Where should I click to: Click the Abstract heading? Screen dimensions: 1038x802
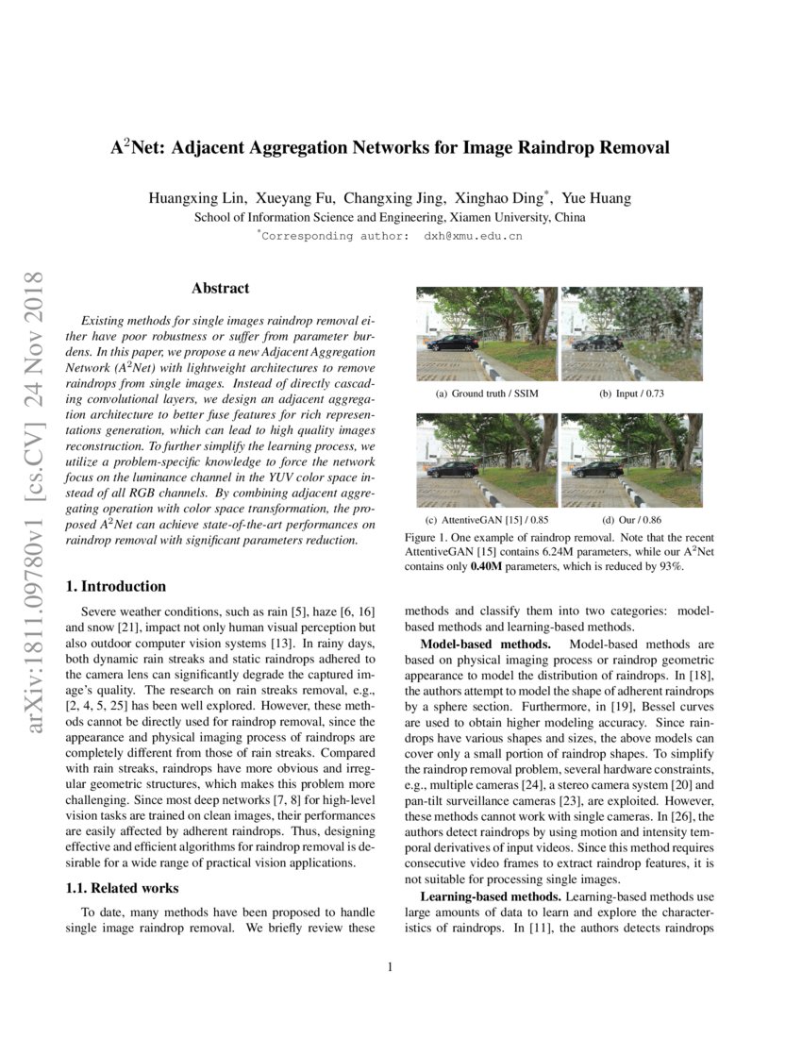[220, 289]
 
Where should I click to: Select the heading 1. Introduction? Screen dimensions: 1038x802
[116, 586]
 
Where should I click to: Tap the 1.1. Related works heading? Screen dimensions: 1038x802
[122, 888]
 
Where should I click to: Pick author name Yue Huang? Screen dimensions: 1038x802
[596, 198]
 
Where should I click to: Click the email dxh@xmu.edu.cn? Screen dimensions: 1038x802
[473, 236]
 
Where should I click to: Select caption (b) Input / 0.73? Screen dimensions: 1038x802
[631, 393]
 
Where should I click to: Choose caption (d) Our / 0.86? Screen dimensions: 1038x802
[631, 519]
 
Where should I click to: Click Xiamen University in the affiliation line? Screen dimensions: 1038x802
[495, 217]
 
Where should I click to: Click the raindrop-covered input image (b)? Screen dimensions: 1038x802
[631, 334]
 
